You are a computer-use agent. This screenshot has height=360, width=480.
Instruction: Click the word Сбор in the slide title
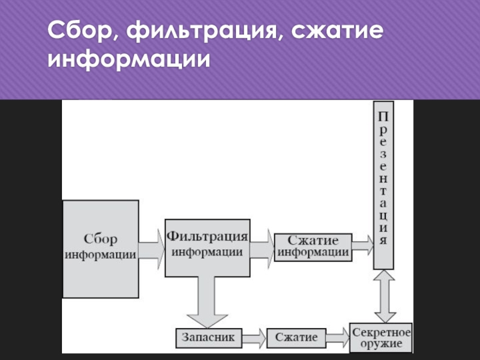click(x=82, y=31)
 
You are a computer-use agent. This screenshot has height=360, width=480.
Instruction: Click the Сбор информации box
click(x=101, y=245)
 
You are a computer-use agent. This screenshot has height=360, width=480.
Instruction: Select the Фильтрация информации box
click(x=207, y=247)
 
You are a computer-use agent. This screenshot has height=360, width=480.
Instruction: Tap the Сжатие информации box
click(x=313, y=246)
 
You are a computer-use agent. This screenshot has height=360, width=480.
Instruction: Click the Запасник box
click(x=209, y=337)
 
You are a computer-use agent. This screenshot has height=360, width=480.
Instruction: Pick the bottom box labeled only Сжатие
click(x=296, y=337)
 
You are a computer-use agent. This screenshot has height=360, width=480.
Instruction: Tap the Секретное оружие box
click(x=381, y=337)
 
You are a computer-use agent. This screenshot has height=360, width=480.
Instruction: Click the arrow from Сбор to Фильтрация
click(x=152, y=246)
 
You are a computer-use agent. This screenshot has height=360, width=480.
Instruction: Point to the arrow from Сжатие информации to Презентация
click(x=362, y=245)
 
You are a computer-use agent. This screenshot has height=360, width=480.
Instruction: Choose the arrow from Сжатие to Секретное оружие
click(x=338, y=338)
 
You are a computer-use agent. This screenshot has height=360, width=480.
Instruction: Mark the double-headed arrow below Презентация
click(x=384, y=296)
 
